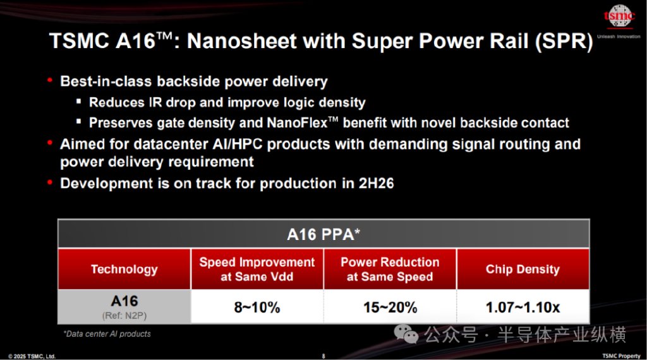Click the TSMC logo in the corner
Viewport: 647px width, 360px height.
point(619,16)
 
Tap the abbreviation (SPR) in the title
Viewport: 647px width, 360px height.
point(564,42)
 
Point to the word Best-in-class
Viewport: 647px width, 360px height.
point(106,81)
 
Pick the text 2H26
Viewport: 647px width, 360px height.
point(377,183)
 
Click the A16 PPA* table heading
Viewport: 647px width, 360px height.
point(323,234)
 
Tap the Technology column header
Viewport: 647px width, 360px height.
point(124,269)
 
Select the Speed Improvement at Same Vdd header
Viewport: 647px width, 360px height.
point(257,269)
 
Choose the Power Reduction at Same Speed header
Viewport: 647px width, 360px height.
point(390,269)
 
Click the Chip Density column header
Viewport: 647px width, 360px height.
point(523,269)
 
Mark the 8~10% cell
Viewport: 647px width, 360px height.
point(257,307)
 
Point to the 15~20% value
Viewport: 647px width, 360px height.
point(390,307)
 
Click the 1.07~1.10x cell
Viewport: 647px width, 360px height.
point(523,307)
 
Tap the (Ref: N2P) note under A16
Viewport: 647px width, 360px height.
point(124,316)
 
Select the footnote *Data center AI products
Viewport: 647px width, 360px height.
point(107,334)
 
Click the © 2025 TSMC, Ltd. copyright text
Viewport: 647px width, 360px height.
point(32,356)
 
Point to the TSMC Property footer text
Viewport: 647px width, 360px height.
point(621,356)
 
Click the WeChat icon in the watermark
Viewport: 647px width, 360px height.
point(406,333)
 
